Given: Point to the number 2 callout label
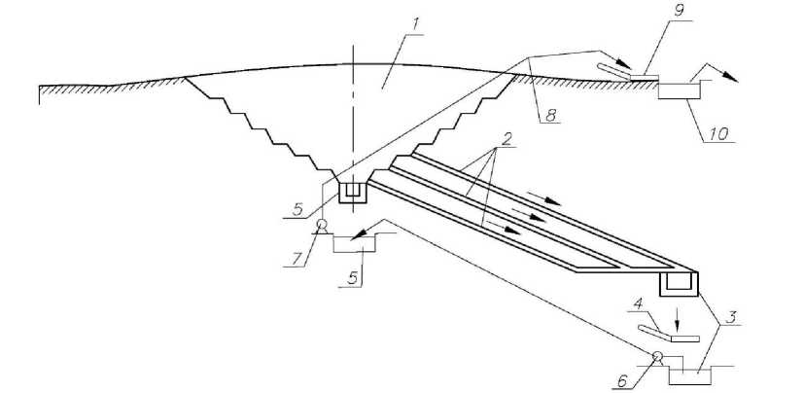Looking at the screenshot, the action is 505,157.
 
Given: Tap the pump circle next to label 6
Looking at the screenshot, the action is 658,357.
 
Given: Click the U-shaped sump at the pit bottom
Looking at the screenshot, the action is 353,193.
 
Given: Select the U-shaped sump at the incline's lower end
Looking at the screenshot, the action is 679,284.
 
